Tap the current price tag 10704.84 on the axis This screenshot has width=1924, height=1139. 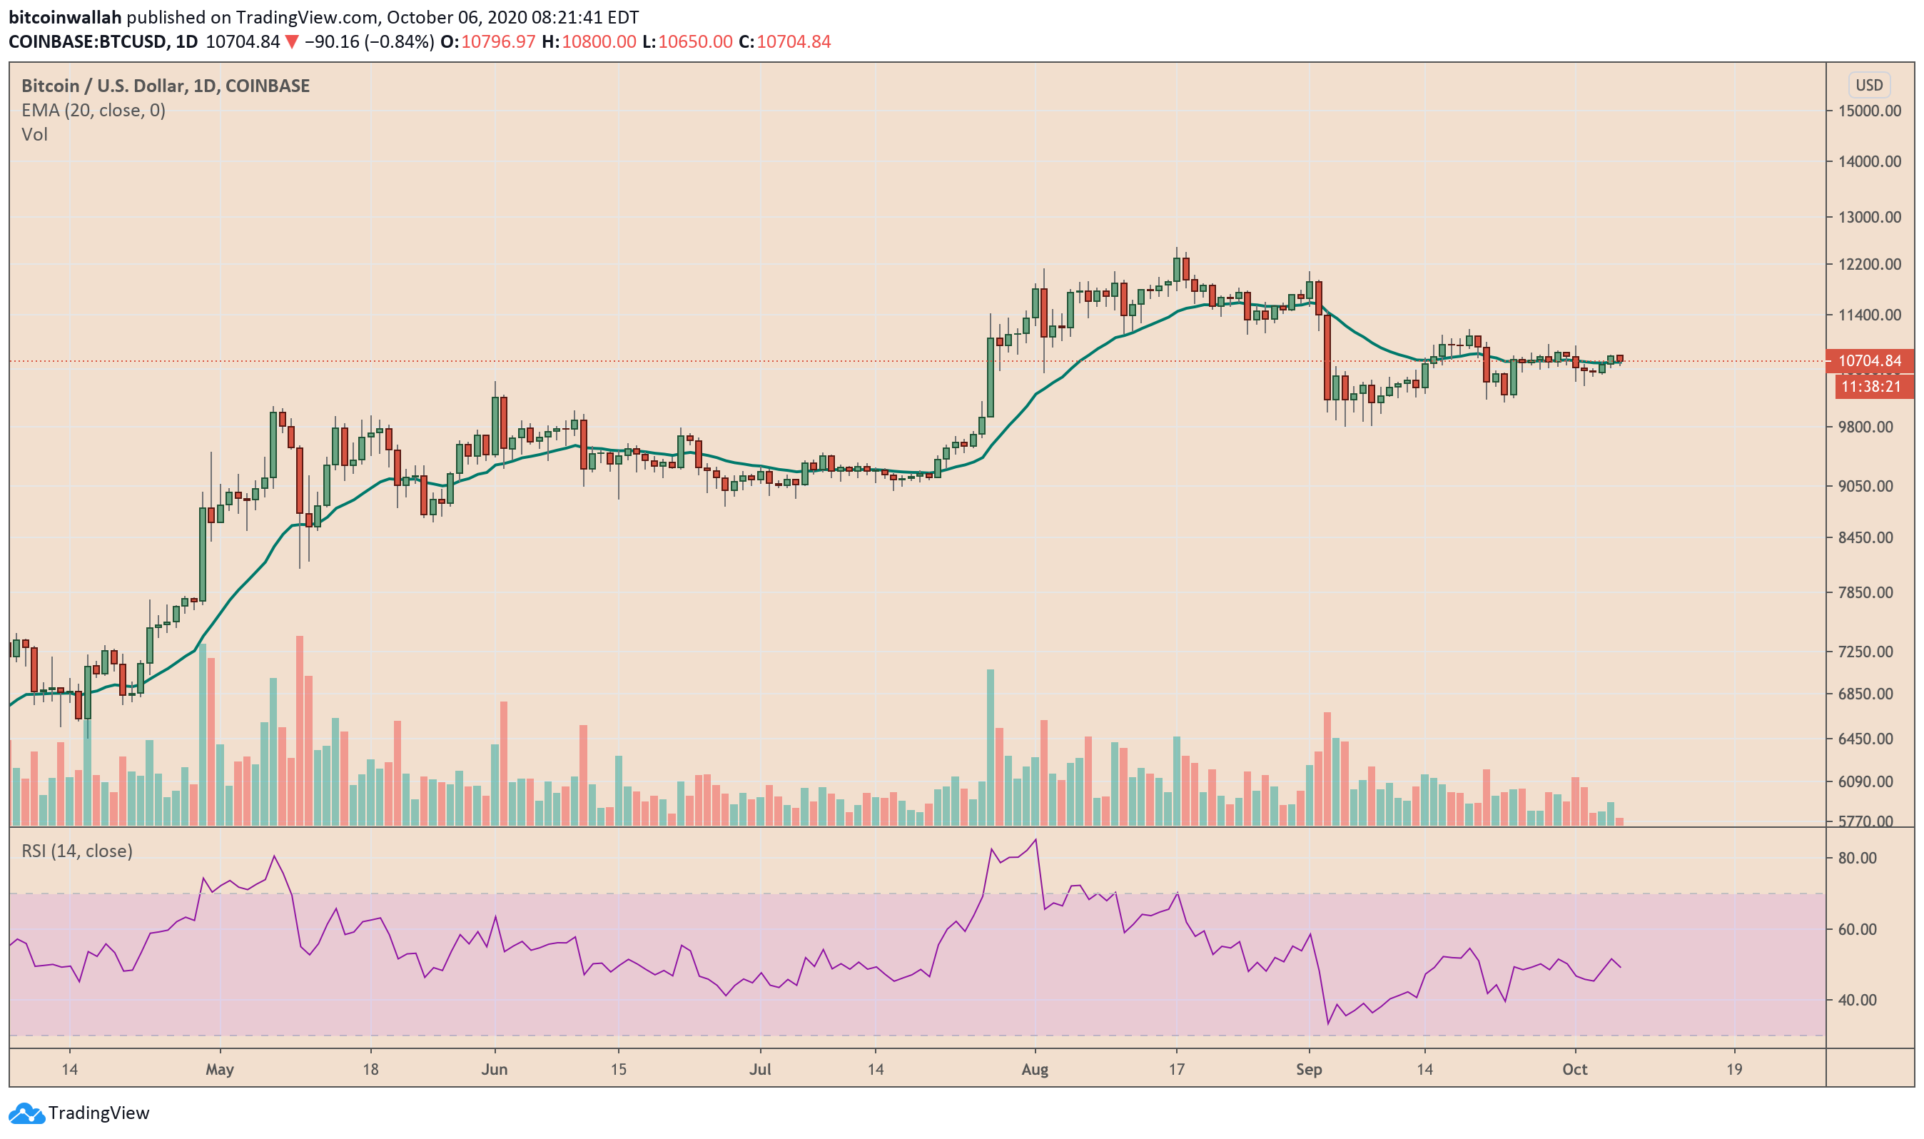point(1870,360)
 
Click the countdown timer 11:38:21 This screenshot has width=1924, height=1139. point(1870,387)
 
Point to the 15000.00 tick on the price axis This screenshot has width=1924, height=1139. point(1869,111)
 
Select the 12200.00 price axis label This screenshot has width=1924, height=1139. point(1869,265)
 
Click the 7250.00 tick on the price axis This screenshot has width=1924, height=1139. point(1869,652)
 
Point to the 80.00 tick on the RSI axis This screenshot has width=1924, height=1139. point(1856,858)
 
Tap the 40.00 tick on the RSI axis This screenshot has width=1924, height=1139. point(1856,1000)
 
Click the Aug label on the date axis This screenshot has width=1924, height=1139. point(1035,1069)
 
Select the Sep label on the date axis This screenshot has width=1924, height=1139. point(1309,1069)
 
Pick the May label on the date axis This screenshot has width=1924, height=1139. point(220,1069)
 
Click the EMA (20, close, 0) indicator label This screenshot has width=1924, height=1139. point(93,111)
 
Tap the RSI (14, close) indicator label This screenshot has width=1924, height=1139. point(77,851)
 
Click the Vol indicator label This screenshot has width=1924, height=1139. point(34,135)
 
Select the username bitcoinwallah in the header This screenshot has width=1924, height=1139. point(65,17)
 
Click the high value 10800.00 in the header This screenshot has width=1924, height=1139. point(599,42)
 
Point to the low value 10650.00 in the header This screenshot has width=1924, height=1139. point(694,42)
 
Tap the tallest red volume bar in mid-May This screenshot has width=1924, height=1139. point(299,729)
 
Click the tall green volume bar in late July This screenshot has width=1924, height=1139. point(990,744)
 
